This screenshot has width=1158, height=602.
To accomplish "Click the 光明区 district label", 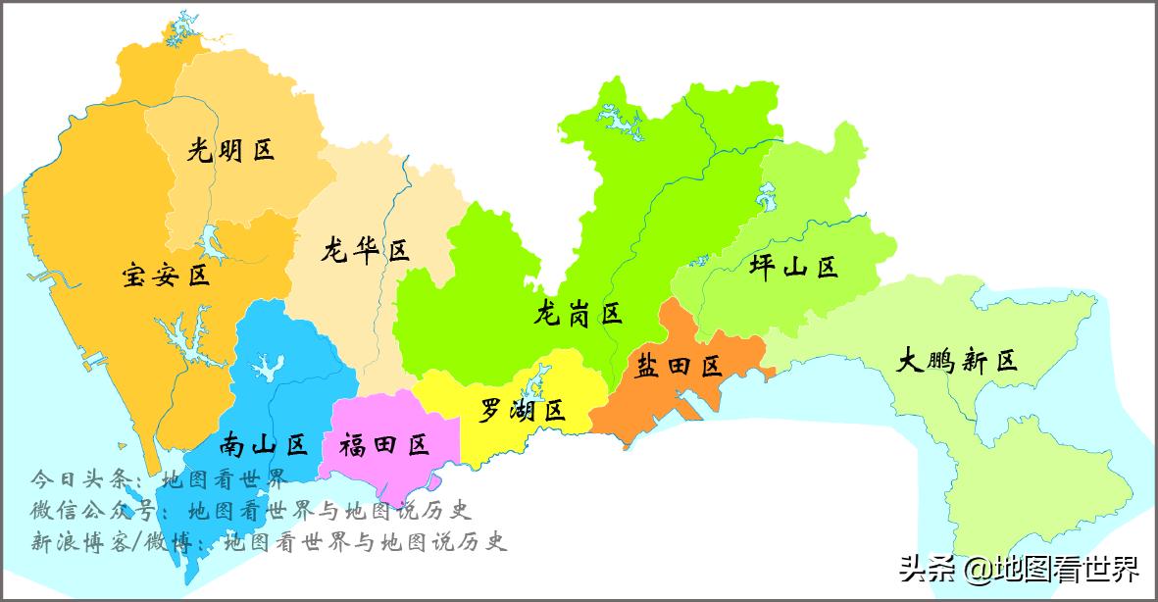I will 230,150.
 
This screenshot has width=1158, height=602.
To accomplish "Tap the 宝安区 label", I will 167,275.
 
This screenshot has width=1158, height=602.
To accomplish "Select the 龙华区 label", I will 365,251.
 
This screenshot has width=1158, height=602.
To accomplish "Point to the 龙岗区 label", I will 579,314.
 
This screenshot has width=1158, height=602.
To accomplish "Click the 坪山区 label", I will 794,266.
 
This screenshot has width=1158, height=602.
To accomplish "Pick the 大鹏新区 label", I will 958,361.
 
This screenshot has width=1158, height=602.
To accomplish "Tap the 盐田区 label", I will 680,367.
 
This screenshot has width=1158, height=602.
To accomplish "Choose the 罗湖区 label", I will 523,411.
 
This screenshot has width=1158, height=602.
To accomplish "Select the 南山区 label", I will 264,445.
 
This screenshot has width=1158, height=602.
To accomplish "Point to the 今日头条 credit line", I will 158,480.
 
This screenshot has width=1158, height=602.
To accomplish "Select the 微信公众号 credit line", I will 251,511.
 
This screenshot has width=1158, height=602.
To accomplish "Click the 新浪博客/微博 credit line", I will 269,541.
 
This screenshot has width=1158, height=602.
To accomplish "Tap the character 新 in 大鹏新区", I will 977,361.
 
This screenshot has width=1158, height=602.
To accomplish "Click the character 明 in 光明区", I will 230,150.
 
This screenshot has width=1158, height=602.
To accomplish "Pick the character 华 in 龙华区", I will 365,251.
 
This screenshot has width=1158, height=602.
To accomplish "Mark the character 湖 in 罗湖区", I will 523,411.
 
